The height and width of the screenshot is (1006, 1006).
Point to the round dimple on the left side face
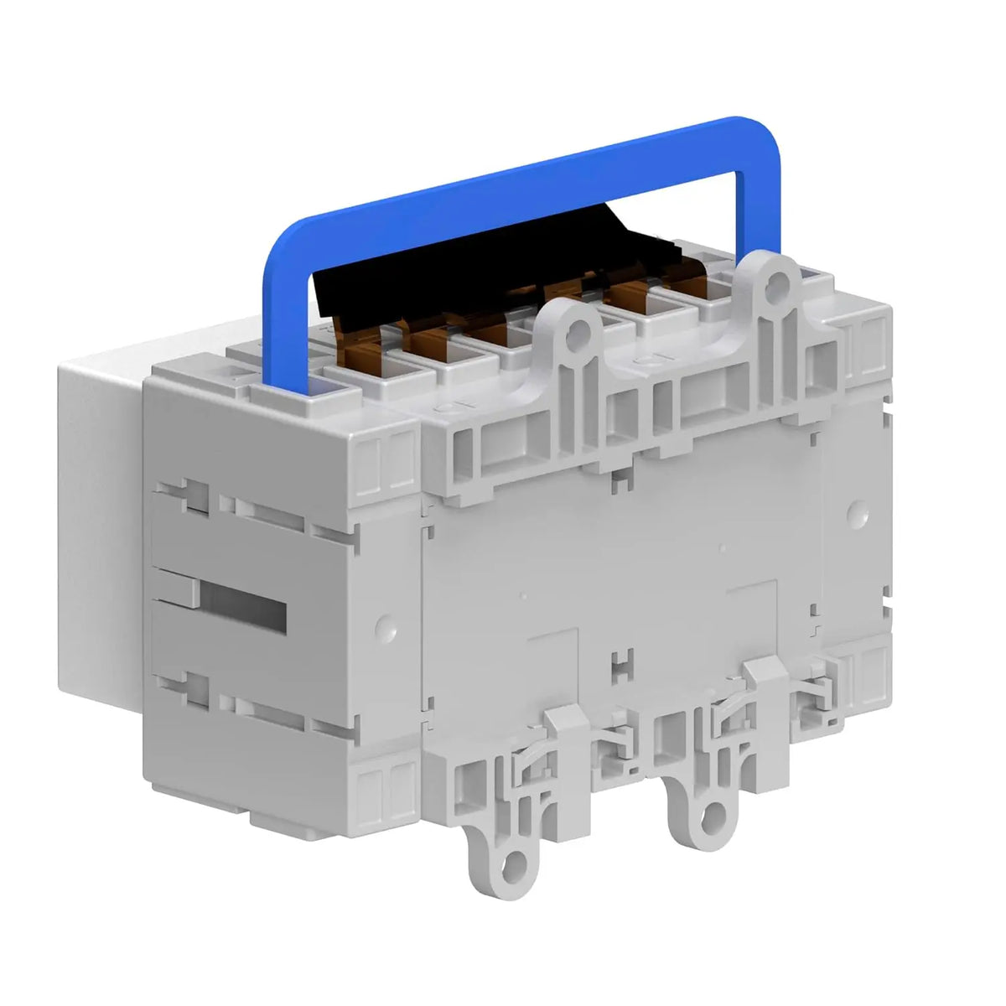click(x=384, y=624)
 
